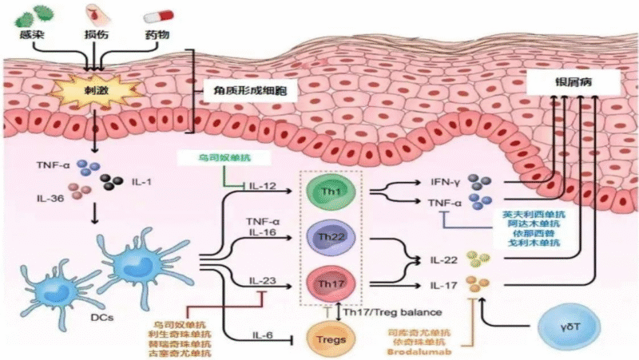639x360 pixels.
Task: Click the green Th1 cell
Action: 325,192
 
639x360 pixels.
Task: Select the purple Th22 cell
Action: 325,237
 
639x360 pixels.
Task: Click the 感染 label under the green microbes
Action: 33,37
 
